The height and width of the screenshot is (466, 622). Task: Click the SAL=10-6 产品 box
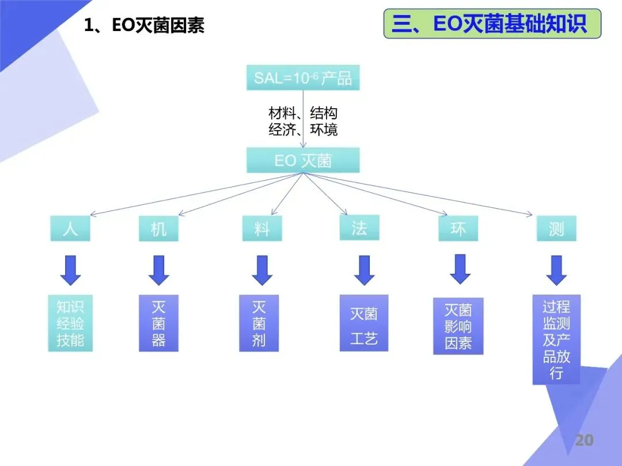coord(303,78)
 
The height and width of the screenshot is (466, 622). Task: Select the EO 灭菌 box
coord(303,161)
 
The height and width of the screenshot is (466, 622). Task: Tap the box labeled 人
coord(70,228)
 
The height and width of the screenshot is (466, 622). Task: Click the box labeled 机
coord(158,229)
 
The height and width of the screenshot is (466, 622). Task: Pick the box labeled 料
coord(262,229)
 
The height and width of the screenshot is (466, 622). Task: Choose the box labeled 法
coord(359,228)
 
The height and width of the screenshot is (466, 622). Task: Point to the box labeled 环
coord(458,228)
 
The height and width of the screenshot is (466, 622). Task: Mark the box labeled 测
coord(556,228)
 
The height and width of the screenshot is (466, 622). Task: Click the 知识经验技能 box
coord(70,323)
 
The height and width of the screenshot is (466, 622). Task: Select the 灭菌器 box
coord(158,323)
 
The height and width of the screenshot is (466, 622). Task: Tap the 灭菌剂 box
coord(259,323)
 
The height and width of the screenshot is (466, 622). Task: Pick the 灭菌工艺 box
coord(364,323)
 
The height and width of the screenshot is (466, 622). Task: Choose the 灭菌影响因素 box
coord(458,326)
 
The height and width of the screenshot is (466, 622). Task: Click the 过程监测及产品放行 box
coord(556,339)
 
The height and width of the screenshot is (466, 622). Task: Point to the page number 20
coord(584,441)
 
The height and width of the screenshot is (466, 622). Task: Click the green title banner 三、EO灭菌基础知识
coord(492,24)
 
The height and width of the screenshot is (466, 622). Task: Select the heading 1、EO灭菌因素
coord(144,25)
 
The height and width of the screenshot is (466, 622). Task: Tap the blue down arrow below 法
coord(364,270)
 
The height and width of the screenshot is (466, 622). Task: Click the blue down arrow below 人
coord(70,270)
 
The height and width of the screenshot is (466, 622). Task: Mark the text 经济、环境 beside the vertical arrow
coord(303,129)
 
